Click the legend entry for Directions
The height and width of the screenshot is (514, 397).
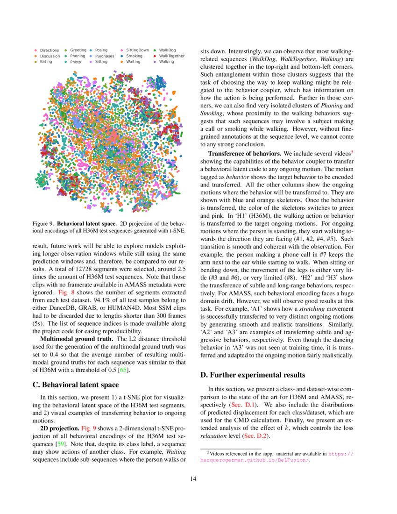[49, 50]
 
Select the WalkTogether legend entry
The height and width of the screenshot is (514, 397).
[171, 56]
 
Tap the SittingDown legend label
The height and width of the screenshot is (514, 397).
[137, 50]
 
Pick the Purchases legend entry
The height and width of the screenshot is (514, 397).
[104, 56]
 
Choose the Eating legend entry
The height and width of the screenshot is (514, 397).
[46, 62]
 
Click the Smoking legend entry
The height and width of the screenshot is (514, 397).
[134, 56]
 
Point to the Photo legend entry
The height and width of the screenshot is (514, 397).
[75, 62]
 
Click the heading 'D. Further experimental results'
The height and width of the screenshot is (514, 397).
[252, 375]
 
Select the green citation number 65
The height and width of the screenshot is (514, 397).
[123, 371]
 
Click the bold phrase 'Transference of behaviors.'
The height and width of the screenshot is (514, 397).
[245, 153]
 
